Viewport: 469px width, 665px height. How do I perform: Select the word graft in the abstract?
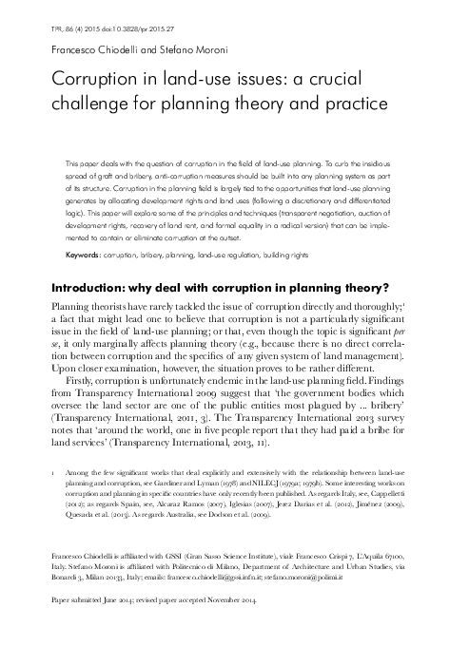(x=91, y=177)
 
